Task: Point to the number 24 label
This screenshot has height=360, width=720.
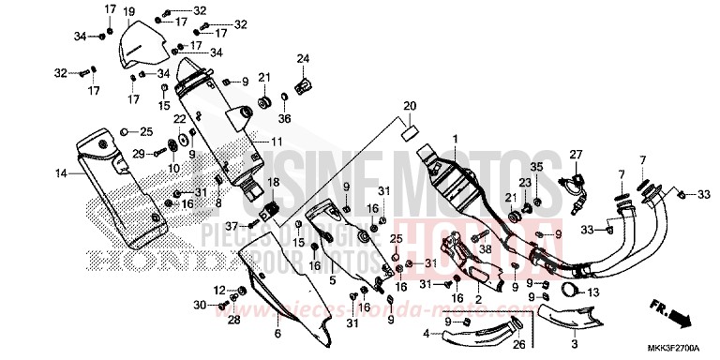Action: coord(304,60)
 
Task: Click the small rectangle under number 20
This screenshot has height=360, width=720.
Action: coord(410,134)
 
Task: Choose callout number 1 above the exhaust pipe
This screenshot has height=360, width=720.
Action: coord(456,140)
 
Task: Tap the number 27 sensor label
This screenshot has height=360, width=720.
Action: coord(576,155)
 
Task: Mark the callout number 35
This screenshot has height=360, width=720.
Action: coord(538,166)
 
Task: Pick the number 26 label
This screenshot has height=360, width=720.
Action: coord(467,343)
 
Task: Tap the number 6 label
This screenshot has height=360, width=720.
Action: coord(277,334)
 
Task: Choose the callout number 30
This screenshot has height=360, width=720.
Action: coord(200,305)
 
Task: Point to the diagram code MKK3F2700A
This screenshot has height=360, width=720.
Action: coord(682,350)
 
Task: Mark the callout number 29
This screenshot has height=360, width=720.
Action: coord(136,154)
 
